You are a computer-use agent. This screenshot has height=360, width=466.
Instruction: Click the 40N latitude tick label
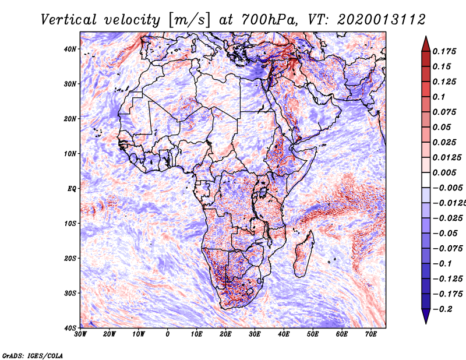(70, 49)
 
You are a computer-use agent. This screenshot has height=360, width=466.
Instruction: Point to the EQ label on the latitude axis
(72, 189)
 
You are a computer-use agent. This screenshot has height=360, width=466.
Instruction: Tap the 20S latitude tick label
(70, 258)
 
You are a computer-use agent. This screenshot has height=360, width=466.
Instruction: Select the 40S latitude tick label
(70, 328)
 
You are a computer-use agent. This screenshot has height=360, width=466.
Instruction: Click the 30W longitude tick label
(80, 334)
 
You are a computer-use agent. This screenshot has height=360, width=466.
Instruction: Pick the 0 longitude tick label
(168, 334)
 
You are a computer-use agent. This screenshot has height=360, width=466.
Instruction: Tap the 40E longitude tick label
(284, 334)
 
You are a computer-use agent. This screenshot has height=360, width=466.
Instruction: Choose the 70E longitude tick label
(371, 334)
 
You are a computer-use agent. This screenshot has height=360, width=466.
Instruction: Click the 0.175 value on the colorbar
(444, 51)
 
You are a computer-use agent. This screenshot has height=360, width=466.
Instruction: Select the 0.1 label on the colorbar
(439, 97)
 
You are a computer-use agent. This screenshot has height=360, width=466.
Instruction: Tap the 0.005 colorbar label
(444, 172)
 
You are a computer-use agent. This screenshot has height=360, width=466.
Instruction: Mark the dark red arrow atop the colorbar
(426, 44)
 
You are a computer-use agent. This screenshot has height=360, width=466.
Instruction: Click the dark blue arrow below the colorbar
(426, 316)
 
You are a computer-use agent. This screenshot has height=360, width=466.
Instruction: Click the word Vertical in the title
(69, 20)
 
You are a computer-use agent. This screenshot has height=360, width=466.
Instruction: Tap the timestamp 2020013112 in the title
(382, 20)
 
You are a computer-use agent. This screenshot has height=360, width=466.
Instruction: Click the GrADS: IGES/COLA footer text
(33, 355)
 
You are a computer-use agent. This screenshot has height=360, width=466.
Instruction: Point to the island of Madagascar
(303, 253)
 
